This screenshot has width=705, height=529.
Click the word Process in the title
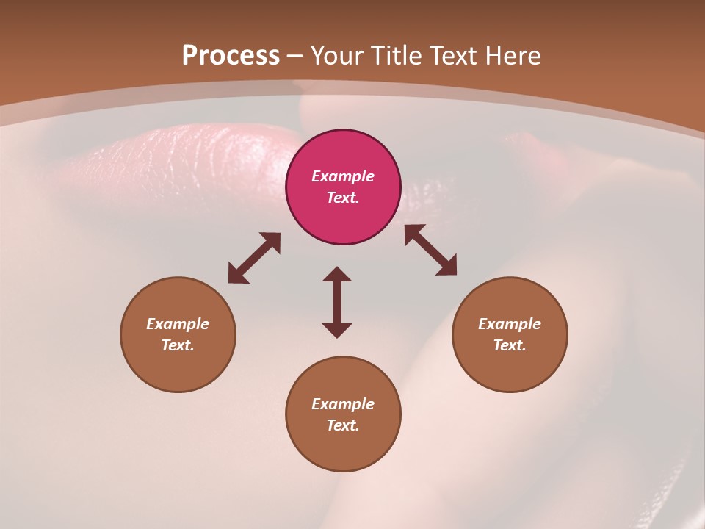coord(231,56)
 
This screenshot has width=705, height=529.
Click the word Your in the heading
coord(337,56)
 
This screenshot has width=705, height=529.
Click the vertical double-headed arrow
coord(337,302)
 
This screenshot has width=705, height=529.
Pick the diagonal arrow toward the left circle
coord(254,258)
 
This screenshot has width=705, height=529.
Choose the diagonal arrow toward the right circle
coord(430,250)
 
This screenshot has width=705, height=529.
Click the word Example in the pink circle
coord(343,176)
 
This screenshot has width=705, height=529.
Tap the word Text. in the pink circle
coord(343,198)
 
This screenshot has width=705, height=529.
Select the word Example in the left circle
coord(178,324)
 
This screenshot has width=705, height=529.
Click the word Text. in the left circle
coord(178,345)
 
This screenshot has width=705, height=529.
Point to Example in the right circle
coord(510,324)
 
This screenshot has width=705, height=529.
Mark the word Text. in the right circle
coord(510,345)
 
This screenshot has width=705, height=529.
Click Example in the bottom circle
coord(343,404)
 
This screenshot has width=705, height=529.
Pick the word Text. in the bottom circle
coord(343,425)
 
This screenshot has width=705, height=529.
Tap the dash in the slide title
coord(295,56)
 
